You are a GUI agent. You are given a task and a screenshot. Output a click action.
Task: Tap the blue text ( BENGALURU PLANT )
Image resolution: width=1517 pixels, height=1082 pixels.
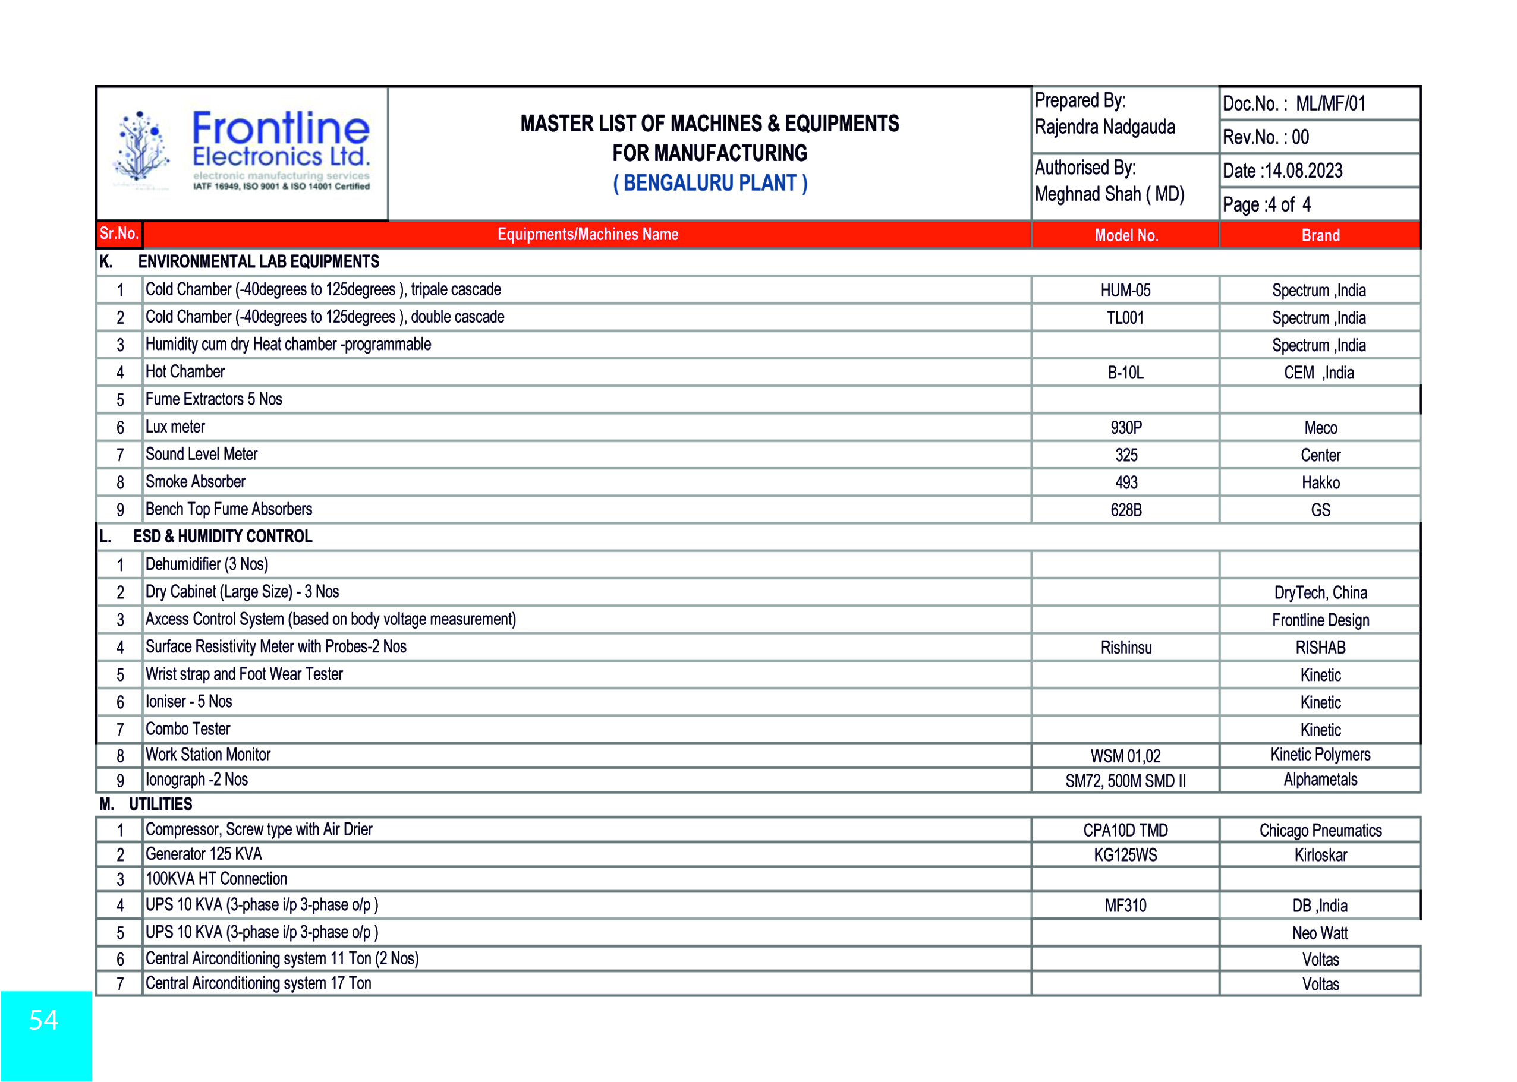(710, 183)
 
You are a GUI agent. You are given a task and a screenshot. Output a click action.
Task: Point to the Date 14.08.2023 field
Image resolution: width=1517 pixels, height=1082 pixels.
(1282, 171)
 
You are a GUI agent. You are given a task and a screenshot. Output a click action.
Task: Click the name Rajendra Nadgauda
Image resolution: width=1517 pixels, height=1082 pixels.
(1104, 127)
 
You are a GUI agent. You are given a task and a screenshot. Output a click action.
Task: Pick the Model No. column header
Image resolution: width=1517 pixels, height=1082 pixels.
(1126, 235)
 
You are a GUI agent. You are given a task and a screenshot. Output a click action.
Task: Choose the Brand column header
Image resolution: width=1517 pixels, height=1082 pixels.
(1320, 235)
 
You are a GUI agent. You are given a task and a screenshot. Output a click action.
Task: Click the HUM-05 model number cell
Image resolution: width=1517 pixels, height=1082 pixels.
(1125, 291)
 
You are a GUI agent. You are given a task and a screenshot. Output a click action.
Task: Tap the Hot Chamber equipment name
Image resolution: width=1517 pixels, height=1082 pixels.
(185, 372)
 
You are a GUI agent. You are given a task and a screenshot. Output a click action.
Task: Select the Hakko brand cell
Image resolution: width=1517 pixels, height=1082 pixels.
(1320, 482)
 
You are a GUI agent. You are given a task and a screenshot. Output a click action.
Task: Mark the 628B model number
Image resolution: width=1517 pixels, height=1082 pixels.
(1126, 510)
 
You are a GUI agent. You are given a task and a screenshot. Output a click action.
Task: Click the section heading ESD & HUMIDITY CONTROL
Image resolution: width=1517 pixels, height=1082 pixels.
(223, 537)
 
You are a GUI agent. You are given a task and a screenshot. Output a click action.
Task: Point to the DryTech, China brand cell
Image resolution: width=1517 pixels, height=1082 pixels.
(1320, 593)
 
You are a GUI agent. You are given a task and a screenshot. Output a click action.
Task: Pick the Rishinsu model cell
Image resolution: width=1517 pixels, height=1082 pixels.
(1126, 648)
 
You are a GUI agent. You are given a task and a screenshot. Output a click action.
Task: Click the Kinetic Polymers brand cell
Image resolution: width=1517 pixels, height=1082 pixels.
(1320, 755)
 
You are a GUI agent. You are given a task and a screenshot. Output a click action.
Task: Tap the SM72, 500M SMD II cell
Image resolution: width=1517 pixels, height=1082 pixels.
(1125, 781)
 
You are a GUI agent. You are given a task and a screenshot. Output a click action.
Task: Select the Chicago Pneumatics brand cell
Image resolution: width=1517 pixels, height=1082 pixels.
(1320, 831)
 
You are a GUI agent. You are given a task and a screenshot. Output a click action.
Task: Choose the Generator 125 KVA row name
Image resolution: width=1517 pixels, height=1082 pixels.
(204, 854)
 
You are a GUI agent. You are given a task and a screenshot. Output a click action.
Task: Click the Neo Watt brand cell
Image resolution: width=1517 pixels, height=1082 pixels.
(1320, 933)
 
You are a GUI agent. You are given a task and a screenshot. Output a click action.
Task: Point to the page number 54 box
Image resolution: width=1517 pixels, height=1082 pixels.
(45, 1021)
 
